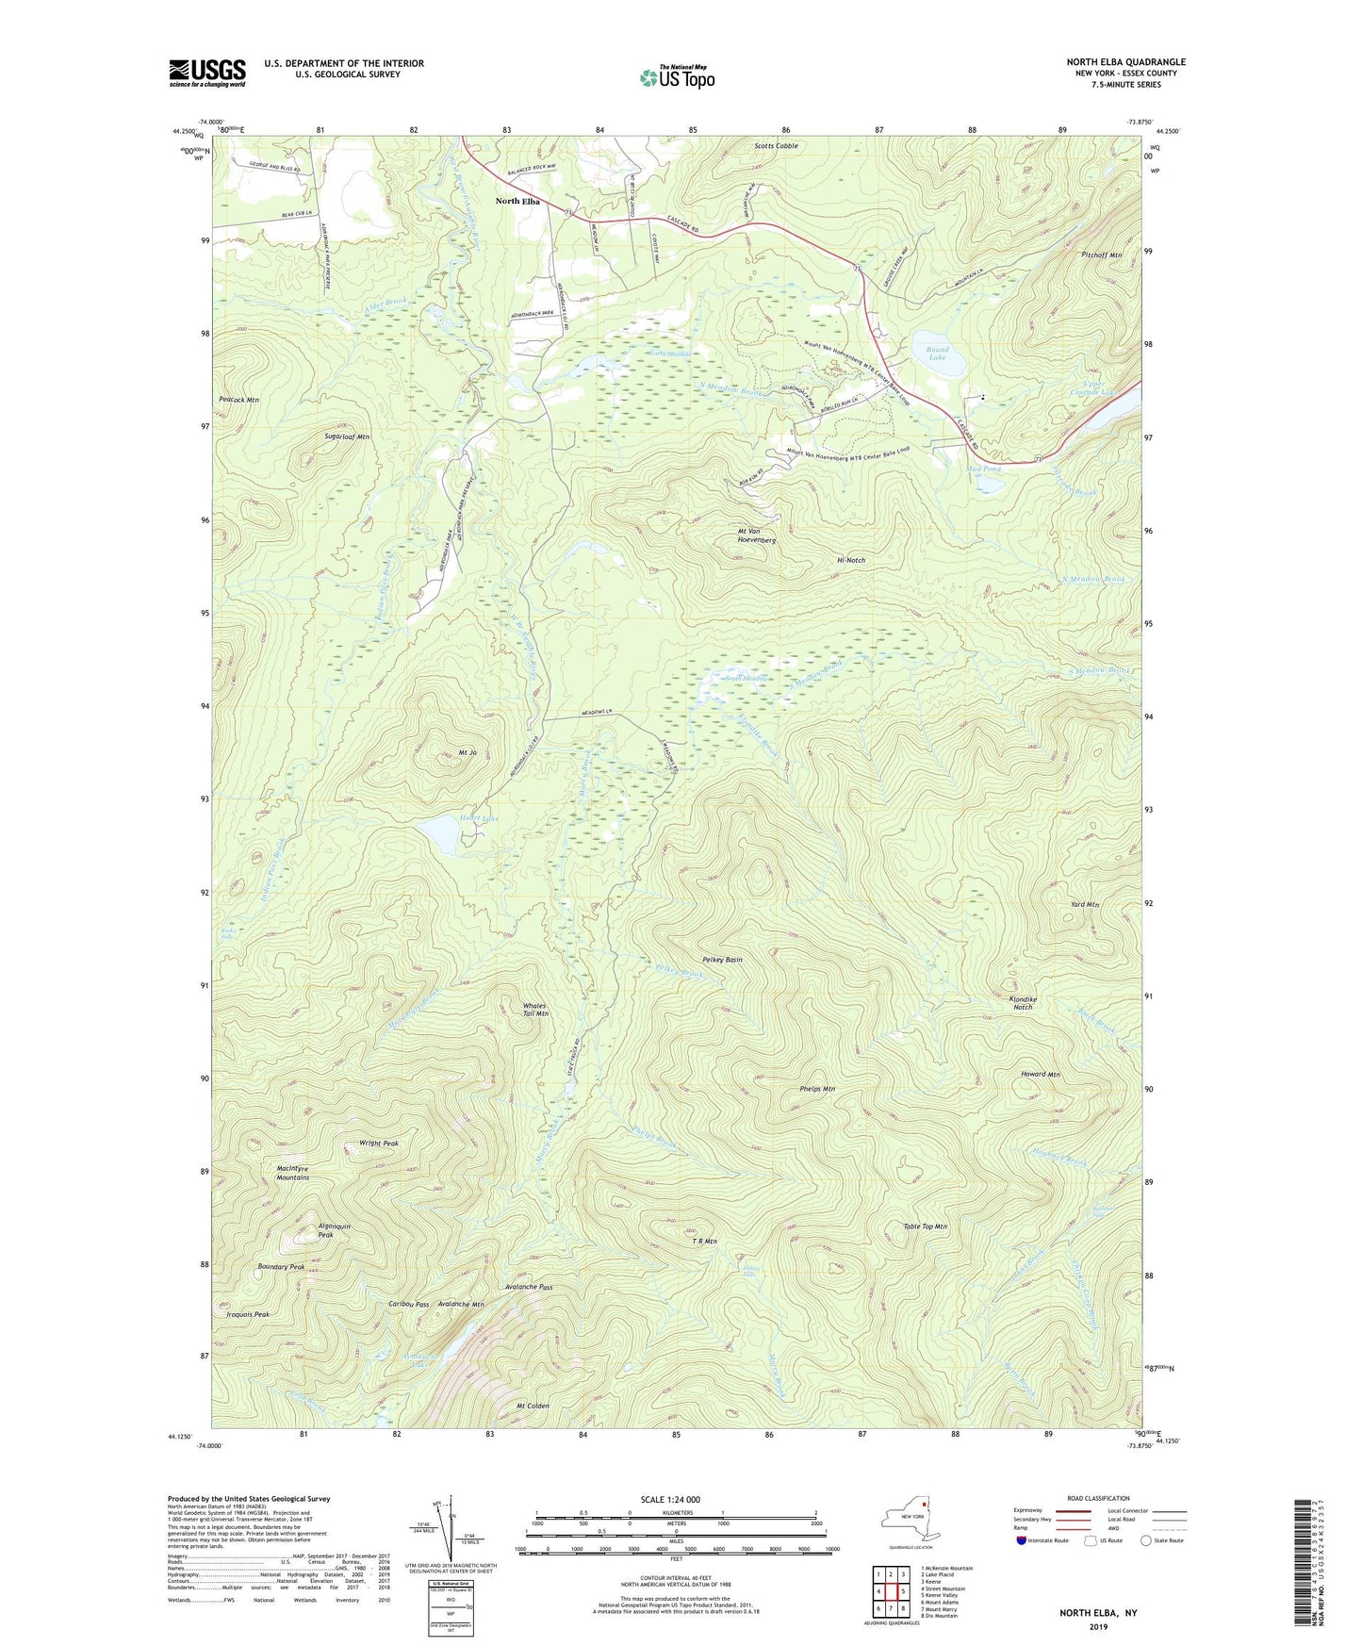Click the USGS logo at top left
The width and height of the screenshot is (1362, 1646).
click(x=207, y=73)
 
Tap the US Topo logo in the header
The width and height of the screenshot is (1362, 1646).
click(x=677, y=77)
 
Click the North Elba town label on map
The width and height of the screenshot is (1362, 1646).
click(x=518, y=201)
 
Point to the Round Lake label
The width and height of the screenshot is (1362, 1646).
click(x=937, y=354)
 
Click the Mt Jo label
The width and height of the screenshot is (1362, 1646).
click(x=468, y=752)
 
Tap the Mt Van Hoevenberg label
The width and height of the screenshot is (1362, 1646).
click(x=755, y=536)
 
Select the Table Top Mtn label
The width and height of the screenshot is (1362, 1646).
click(x=925, y=1226)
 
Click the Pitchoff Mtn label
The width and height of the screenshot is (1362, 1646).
click(x=1102, y=255)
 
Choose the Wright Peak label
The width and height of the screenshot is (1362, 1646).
click(x=379, y=1143)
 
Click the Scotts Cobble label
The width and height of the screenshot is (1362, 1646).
click(x=776, y=146)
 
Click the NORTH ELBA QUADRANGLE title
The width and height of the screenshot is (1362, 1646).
click(x=1125, y=62)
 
